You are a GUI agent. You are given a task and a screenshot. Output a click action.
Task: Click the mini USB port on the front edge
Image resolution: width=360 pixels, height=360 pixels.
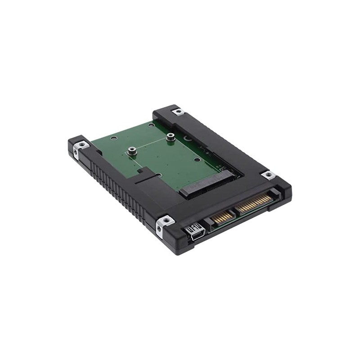point(197,233)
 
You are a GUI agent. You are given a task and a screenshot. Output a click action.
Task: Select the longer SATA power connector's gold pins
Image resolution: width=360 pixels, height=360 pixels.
point(254,205)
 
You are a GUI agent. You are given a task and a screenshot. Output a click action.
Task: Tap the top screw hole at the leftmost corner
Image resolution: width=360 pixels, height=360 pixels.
point(81,144)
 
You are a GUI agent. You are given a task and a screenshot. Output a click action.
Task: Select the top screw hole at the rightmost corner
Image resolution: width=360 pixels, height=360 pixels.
point(269,175)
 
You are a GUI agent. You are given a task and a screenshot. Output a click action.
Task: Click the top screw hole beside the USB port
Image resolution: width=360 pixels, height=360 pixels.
point(165,220)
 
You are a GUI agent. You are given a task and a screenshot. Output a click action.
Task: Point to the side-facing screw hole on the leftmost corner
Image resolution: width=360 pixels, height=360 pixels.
point(75,153)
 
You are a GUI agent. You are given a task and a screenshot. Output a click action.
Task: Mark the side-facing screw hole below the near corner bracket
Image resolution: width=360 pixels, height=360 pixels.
point(159,231)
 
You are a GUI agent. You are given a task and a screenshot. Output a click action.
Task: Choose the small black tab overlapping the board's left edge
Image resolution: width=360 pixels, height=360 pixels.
point(144,172)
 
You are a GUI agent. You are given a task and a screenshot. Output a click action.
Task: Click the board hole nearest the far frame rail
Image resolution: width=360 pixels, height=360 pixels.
point(150,125)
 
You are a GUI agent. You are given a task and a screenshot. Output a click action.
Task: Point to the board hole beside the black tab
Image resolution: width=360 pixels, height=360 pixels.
point(158,175)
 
